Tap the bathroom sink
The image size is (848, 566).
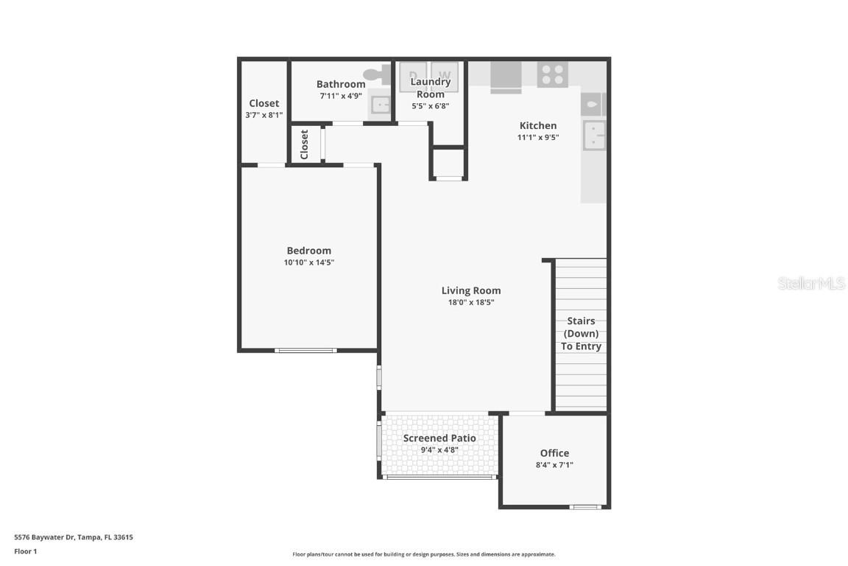(x=380, y=105)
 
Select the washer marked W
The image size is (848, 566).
(x=445, y=76)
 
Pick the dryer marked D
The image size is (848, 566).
(x=413, y=76)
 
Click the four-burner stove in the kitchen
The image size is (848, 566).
(x=552, y=74)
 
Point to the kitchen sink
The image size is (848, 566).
(x=594, y=135)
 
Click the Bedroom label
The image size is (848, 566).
(x=309, y=251)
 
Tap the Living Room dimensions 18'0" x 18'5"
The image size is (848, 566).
(x=471, y=302)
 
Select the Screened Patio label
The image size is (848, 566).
(x=439, y=438)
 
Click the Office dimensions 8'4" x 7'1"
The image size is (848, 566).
(x=554, y=465)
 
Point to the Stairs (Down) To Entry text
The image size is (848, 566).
(x=581, y=333)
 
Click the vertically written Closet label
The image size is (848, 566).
(x=304, y=144)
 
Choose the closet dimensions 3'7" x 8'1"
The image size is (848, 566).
(x=264, y=115)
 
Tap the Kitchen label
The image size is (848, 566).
(x=538, y=125)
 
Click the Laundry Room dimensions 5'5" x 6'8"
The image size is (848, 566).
(x=431, y=105)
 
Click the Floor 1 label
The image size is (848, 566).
(x=25, y=551)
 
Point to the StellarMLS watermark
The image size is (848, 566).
(x=811, y=283)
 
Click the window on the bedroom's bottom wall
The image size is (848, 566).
(x=305, y=350)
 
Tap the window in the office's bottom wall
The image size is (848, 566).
(x=586, y=506)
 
